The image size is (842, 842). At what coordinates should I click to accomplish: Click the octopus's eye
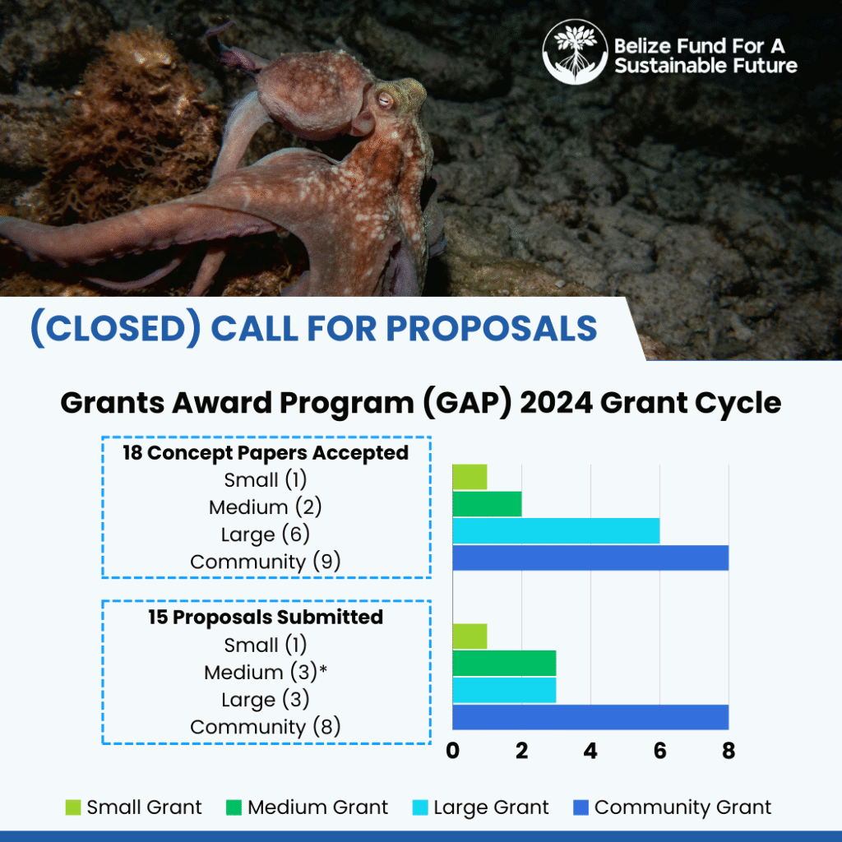click(x=385, y=99)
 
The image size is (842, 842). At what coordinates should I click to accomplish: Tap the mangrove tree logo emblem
click(x=575, y=52)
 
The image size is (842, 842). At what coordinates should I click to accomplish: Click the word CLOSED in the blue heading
click(x=115, y=328)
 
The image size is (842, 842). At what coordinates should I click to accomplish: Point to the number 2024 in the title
click(x=556, y=403)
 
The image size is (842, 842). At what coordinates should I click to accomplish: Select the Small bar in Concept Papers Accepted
click(x=470, y=477)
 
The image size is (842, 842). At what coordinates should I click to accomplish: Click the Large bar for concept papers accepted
click(x=557, y=531)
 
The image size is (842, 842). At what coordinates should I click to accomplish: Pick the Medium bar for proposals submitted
click(x=504, y=664)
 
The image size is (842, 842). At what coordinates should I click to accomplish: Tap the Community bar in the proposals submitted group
click(x=590, y=717)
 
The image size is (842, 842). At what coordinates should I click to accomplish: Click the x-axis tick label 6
click(x=660, y=751)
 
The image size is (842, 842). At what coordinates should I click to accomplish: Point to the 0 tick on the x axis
click(x=453, y=751)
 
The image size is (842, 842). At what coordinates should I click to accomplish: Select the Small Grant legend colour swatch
click(x=73, y=807)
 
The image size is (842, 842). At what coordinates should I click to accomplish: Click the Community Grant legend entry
click(x=673, y=807)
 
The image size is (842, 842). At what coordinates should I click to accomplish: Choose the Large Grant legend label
click(x=491, y=807)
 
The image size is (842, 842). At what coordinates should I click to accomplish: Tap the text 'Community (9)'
click(x=266, y=562)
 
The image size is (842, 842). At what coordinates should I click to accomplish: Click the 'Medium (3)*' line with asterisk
click(x=266, y=672)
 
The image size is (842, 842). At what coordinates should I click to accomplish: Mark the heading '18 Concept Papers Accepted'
click(x=266, y=453)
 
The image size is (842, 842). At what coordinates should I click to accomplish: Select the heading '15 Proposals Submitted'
click(x=266, y=617)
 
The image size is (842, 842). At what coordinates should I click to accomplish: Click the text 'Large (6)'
click(x=266, y=534)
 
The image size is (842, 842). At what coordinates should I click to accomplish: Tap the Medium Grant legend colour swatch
click(x=234, y=807)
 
